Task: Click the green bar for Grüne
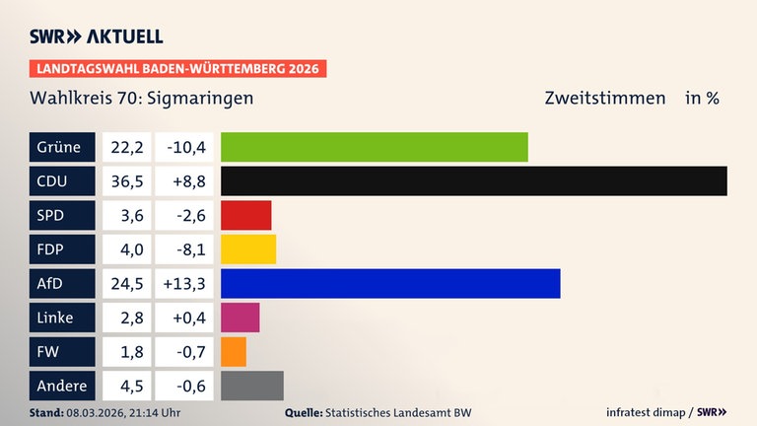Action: tap(375, 147)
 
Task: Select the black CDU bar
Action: tap(474, 181)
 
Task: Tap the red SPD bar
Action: tap(245, 215)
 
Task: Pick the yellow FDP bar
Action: tap(248, 249)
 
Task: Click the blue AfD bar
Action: tap(390, 284)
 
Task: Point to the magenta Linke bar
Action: tap(240, 318)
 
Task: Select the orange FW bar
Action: tap(234, 352)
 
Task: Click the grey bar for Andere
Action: tap(251, 386)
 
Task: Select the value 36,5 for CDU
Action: tap(126, 181)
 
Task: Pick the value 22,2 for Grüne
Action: tap(126, 147)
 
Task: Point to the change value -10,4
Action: tap(185, 147)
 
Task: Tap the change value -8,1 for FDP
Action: tap(185, 249)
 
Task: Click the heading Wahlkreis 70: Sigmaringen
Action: tap(142, 99)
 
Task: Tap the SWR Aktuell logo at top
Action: tap(97, 36)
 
